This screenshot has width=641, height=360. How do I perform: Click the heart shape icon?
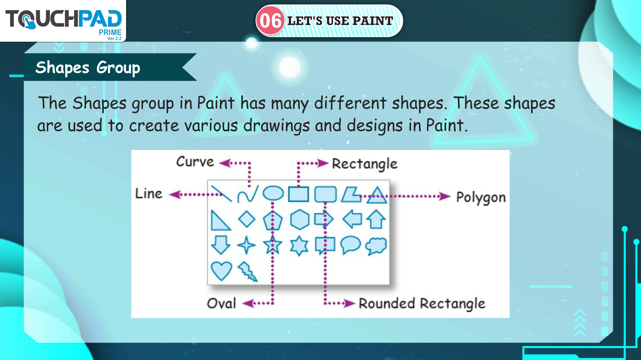click(x=221, y=271)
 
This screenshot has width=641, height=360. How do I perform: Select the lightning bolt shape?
click(x=247, y=271)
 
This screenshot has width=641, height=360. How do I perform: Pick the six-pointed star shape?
click(x=299, y=246)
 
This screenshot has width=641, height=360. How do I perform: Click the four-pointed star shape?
click(x=246, y=245)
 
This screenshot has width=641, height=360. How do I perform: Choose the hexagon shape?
click(x=299, y=220)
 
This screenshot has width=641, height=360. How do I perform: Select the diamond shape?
click(x=247, y=219)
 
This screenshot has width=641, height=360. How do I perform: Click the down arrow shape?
click(x=221, y=245)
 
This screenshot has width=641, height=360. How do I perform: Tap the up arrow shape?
click(x=376, y=219)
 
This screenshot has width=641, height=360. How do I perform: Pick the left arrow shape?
click(x=352, y=219)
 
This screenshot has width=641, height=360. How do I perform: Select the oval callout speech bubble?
click(x=350, y=245)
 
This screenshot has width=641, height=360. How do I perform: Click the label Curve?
click(x=195, y=162)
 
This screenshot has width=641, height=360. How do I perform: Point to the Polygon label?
click(x=481, y=198)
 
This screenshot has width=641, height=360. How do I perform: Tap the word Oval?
click(x=221, y=304)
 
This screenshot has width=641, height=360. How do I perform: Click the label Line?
click(x=149, y=194)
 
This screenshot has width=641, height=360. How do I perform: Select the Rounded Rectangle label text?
click(x=422, y=304)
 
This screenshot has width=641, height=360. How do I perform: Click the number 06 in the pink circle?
click(x=270, y=21)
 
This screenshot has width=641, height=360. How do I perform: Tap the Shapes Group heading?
click(x=88, y=68)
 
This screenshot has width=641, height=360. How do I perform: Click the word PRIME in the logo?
click(x=110, y=32)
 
